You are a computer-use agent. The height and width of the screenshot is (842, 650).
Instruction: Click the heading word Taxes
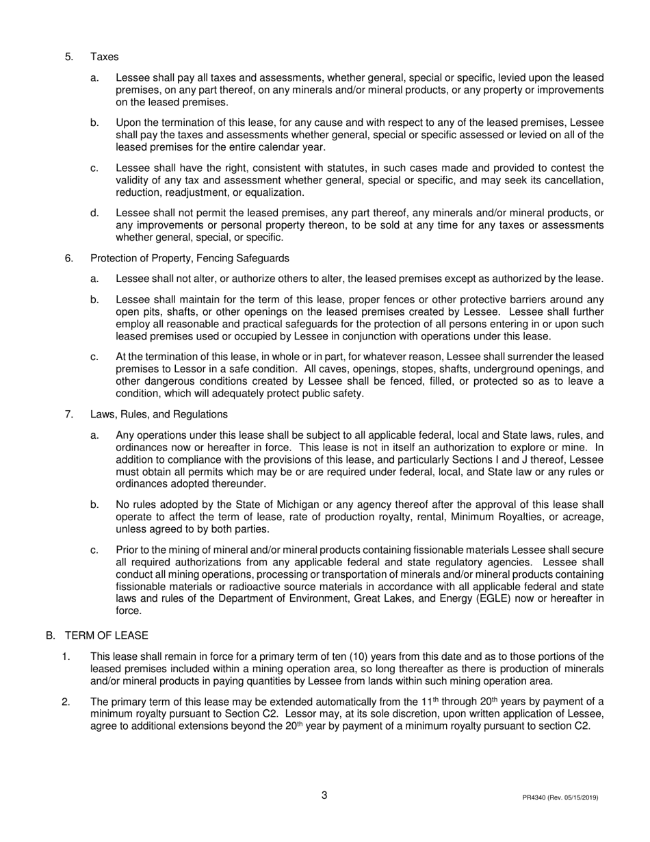(104, 57)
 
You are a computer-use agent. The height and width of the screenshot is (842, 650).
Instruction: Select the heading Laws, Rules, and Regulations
(159, 414)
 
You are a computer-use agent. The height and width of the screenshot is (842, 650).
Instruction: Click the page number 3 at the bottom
(324, 795)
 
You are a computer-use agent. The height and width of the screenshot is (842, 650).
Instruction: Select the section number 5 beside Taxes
(69, 57)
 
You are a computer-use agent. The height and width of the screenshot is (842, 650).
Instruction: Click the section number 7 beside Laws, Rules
(69, 414)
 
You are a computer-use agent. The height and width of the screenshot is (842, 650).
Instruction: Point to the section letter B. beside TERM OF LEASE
(51, 635)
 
